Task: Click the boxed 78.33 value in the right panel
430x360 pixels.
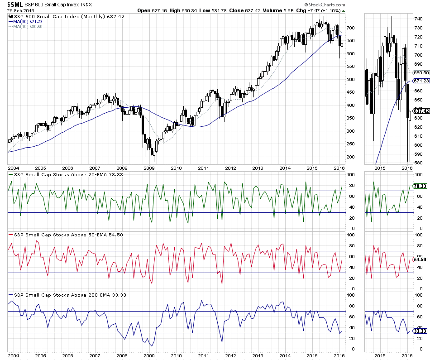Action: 420,186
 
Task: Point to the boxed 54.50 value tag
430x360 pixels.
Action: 420,259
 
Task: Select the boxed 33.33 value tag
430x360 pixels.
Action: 420,331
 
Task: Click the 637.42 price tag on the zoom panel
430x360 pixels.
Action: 421,111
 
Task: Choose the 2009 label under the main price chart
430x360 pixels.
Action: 149,168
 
